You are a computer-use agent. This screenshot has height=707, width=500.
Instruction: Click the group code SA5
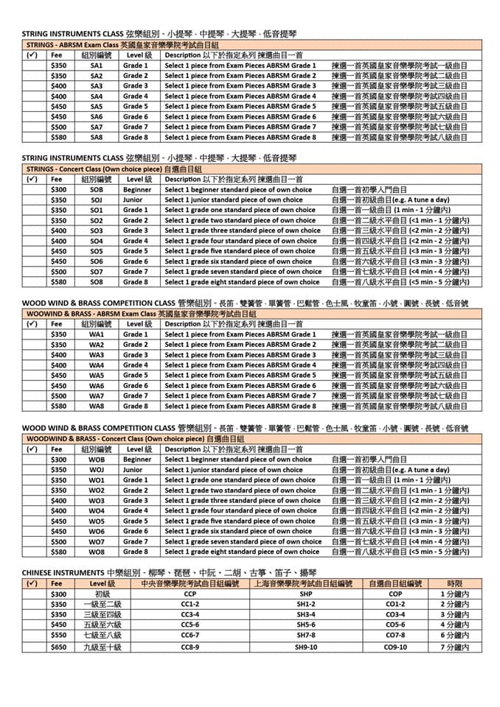(x=97, y=106)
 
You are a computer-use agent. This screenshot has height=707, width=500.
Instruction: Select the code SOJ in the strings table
(x=97, y=200)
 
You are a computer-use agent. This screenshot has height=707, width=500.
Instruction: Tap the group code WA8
(x=97, y=406)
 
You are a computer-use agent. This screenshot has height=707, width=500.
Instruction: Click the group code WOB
(x=97, y=460)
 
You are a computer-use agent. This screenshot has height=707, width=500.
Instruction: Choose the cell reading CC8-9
(x=190, y=647)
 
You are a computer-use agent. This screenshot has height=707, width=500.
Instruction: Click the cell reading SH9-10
(x=306, y=647)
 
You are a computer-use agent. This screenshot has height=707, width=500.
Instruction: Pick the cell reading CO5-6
(x=395, y=625)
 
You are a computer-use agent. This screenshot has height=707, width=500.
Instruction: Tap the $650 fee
(x=58, y=647)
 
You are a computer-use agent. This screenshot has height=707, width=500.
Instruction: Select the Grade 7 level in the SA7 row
(x=136, y=127)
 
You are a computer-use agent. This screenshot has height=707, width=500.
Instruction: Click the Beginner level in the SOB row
(x=137, y=189)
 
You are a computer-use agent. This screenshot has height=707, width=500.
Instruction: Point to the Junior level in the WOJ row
(x=133, y=470)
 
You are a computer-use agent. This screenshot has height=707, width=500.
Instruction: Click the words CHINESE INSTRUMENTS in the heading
(x=63, y=572)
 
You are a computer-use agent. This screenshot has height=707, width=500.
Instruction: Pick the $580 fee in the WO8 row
(x=58, y=552)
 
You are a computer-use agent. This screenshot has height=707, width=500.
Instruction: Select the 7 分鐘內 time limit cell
(x=454, y=647)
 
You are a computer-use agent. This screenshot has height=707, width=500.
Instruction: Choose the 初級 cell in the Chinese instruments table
(x=102, y=594)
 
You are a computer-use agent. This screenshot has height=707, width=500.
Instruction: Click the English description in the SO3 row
(x=243, y=231)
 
